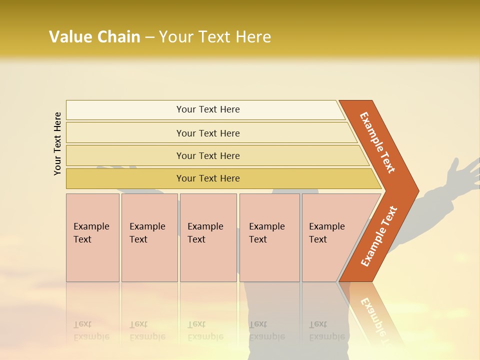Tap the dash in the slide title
(x=149, y=37)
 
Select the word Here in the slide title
(x=253, y=36)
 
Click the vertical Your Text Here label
(x=57, y=144)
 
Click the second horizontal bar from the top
(x=208, y=133)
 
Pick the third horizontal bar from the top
(x=208, y=155)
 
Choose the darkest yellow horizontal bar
(x=208, y=178)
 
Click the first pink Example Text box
(x=92, y=237)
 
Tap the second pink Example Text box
(x=149, y=237)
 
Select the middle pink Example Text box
(x=208, y=237)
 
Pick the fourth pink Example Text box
(x=269, y=237)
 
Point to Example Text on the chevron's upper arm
(x=377, y=142)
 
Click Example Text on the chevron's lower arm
(x=379, y=236)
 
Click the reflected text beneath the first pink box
(x=91, y=330)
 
